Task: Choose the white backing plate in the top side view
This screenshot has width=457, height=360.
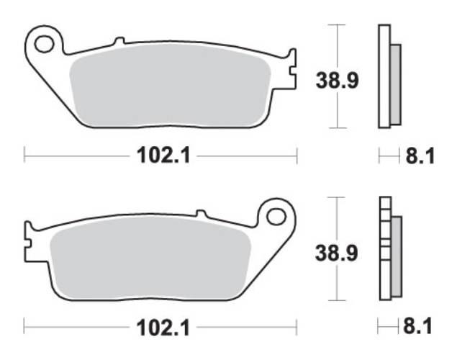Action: click(384, 76)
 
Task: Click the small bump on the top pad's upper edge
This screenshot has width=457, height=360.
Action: click(119, 40)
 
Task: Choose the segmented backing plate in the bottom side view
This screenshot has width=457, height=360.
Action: click(384, 248)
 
